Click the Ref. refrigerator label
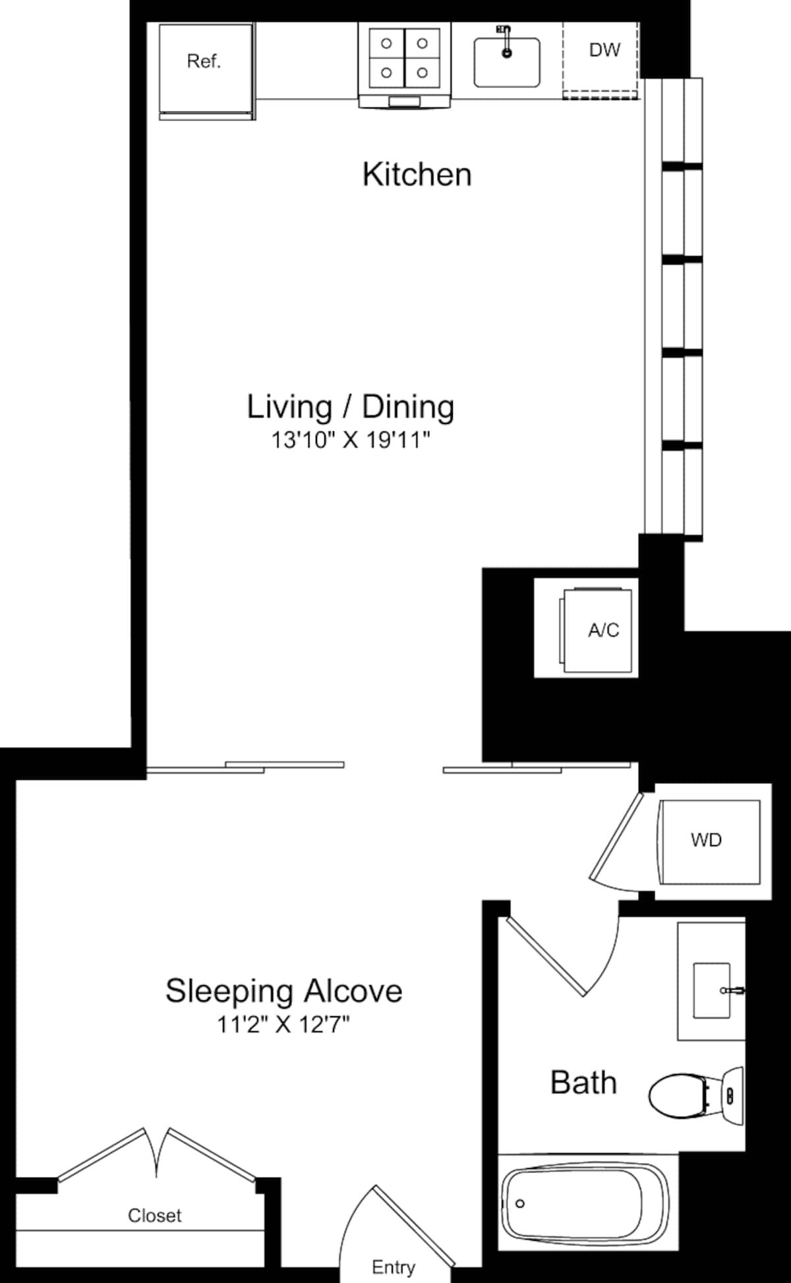204,61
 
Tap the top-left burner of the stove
387,44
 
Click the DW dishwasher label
604,50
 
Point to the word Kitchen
417,175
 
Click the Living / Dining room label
350,407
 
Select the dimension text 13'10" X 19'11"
351,440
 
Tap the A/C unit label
603,630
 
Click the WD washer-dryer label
706,839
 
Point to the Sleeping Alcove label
283,990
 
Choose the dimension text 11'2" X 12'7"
283,1025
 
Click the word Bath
583,1083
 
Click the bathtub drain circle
520,1203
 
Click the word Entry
394,1267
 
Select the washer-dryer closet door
616,837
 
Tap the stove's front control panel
404,101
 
